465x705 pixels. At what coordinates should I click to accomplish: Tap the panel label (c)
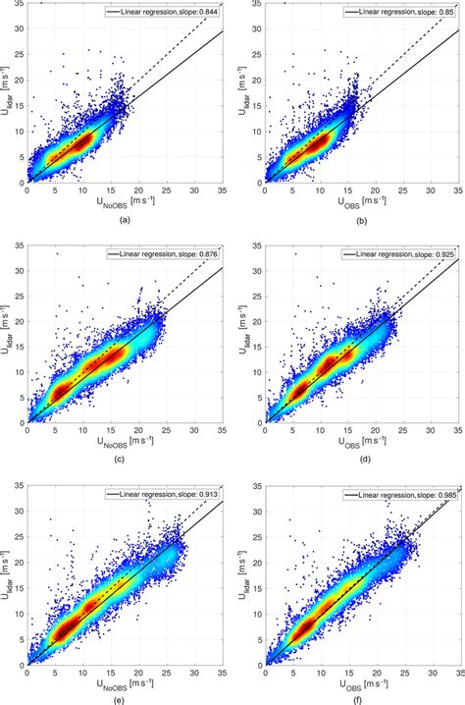coord(124,461)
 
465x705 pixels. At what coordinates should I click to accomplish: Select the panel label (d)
coord(362,461)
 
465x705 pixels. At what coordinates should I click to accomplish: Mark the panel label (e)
coord(124,699)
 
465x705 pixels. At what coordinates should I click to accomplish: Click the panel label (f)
coord(362,699)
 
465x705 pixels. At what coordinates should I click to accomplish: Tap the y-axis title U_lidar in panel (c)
coord(9,334)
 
